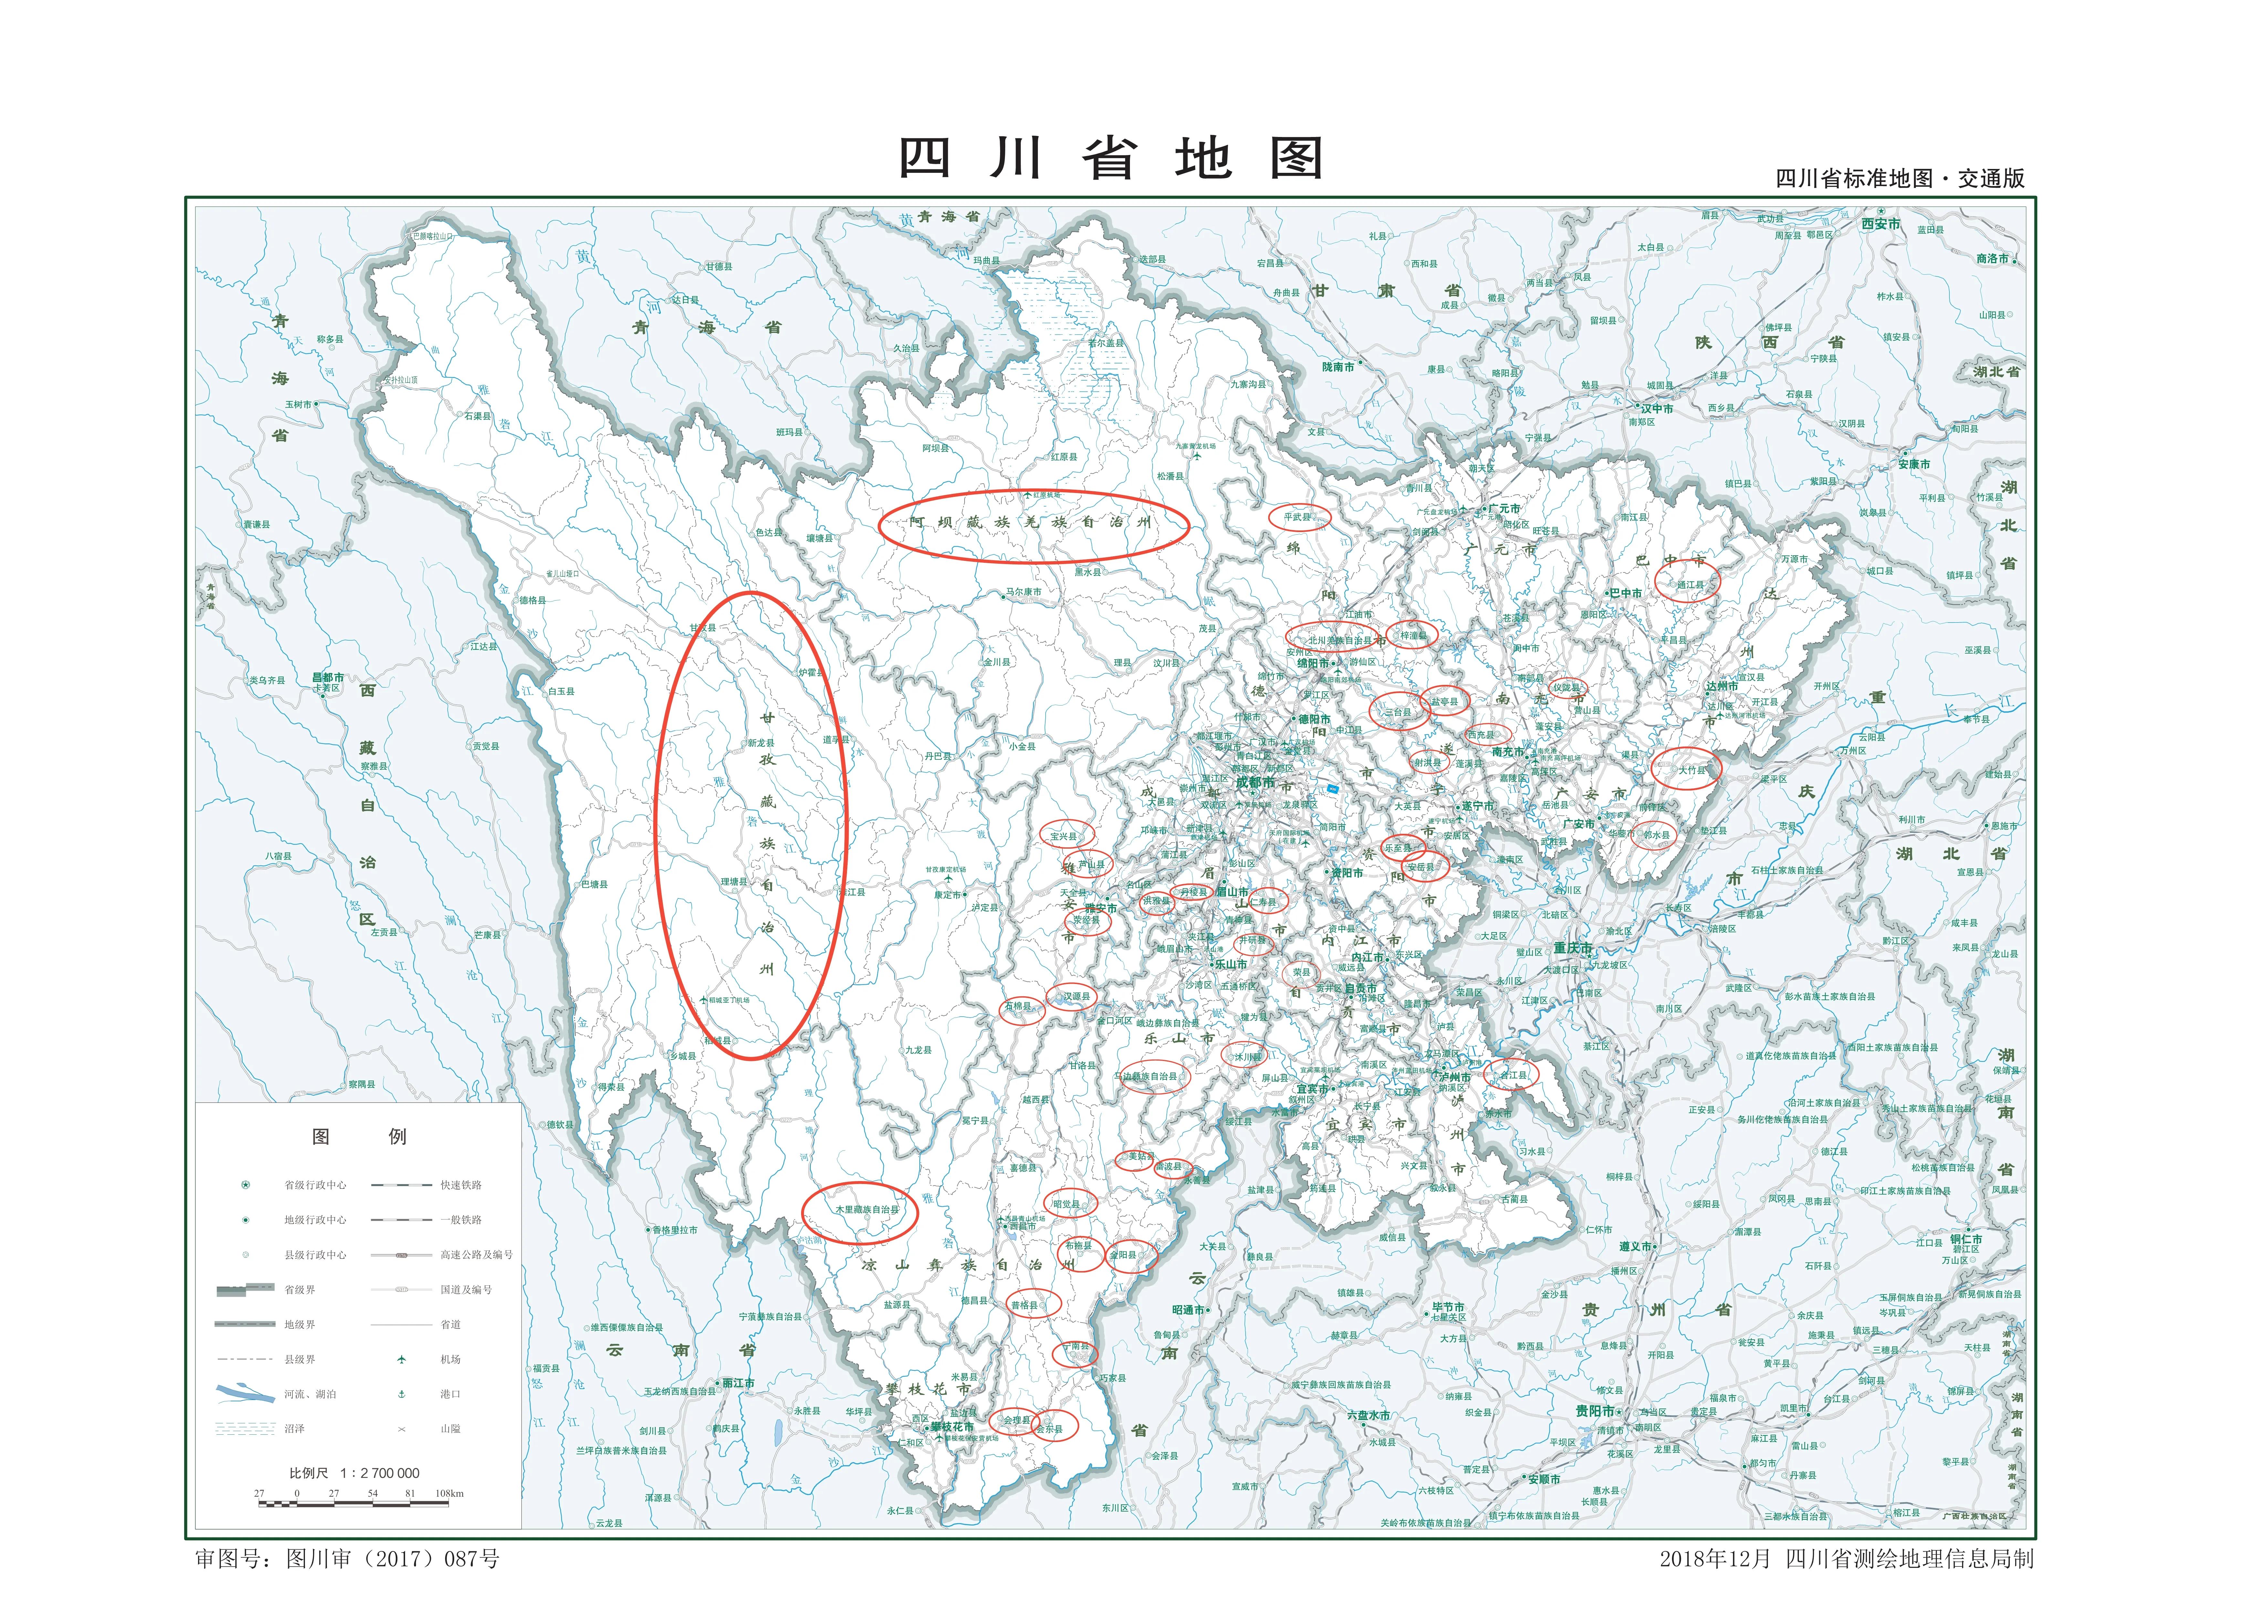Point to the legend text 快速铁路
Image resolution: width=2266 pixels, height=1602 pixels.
click(461, 1185)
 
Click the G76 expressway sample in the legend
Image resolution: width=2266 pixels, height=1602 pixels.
click(401, 1254)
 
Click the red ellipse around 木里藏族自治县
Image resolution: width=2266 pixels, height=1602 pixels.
click(860, 1211)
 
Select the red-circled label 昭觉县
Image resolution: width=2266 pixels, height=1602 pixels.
click(1066, 1204)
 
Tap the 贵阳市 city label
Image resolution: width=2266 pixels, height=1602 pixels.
click(1594, 1411)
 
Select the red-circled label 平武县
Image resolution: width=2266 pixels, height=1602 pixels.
click(1298, 516)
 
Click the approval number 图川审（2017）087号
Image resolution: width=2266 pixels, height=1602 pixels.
click(393, 1559)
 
